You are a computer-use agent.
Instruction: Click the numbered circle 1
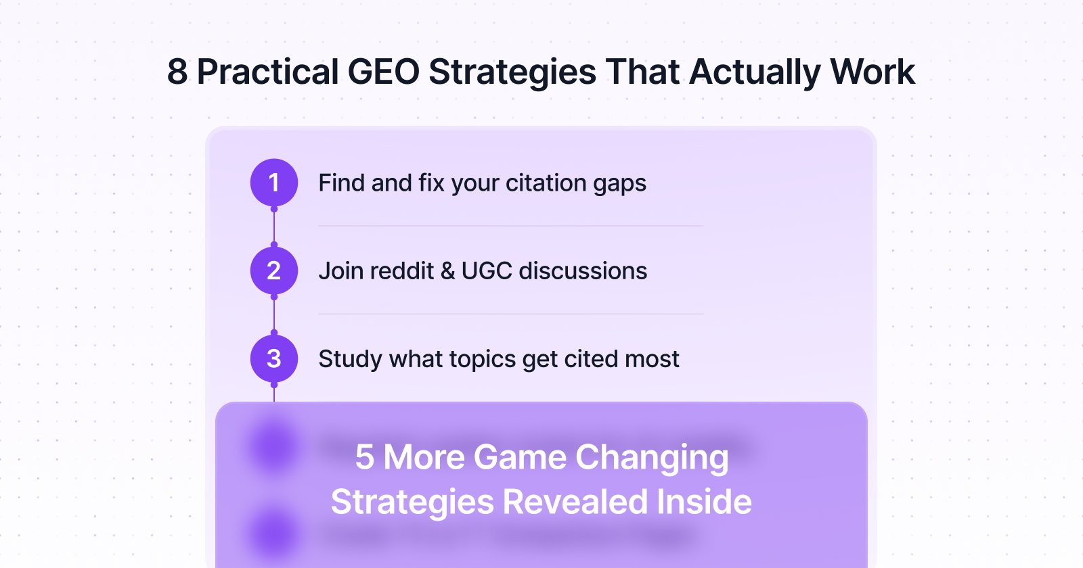click(x=274, y=183)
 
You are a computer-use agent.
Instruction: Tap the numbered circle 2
click(x=274, y=270)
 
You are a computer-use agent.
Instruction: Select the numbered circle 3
click(x=274, y=358)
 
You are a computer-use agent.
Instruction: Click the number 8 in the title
click(x=177, y=72)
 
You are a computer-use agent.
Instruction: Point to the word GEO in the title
click(x=383, y=72)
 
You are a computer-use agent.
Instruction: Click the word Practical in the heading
click(x=267, y=72)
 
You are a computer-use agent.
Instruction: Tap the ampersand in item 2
click(x=447, y=270)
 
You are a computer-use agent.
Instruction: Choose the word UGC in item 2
click(x=487, y=270)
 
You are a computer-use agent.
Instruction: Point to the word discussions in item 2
click(x=583, y=270)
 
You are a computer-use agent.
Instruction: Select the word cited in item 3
click(x=588, y=358)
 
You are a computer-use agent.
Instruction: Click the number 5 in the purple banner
click(x=364, y=457)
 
